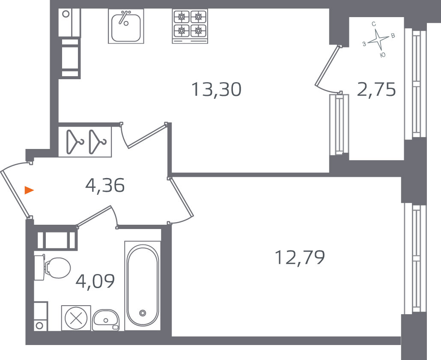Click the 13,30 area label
click(216, 89)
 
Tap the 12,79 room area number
click(300, 257)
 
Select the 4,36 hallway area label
click(105, 185)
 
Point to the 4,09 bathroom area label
click(95, 281)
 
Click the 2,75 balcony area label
click(377, 89)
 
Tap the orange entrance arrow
click(29, 190)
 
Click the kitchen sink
click(126, 26)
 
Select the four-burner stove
click(190, 26)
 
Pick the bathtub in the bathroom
click(143, 286)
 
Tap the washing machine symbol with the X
click(76, 318)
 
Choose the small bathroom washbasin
click(106, 320)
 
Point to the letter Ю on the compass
click(382, 55)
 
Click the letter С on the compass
click(374, 24)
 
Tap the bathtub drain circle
click(143, 313)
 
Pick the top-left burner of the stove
click(182, 17)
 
